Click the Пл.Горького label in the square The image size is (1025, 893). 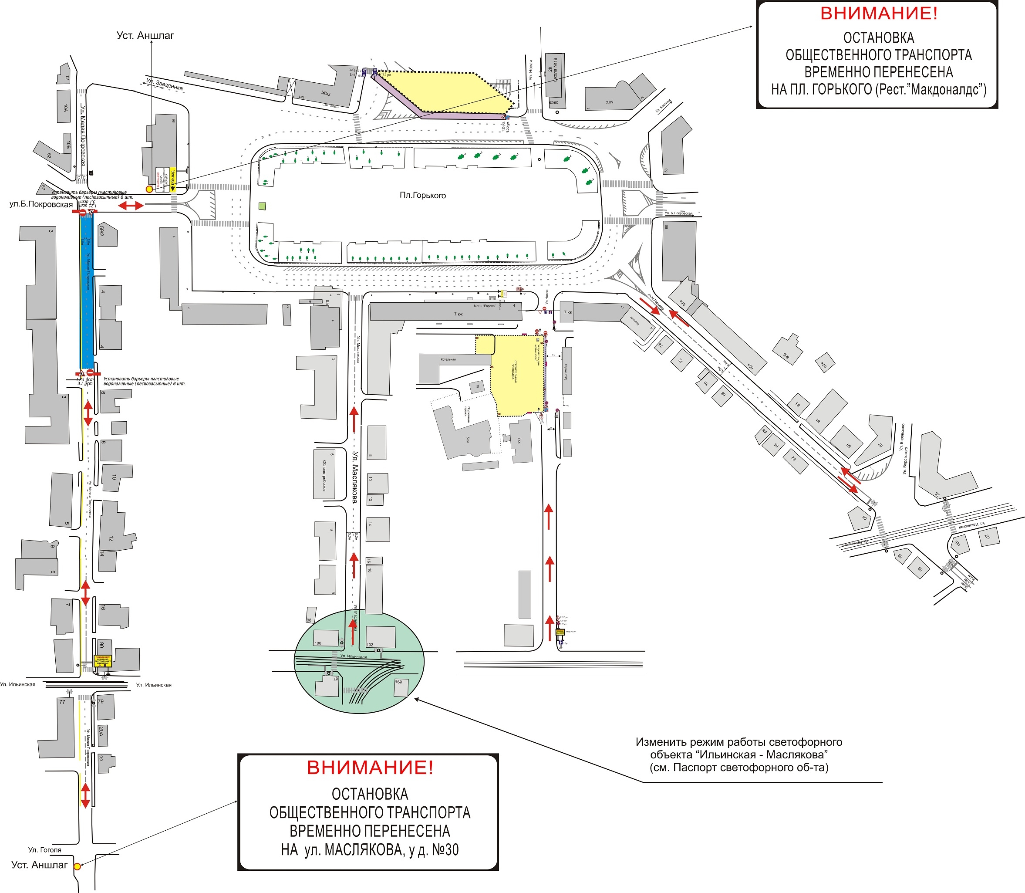pyautogui.click(x=422, y=195)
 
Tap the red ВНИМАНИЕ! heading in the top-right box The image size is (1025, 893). pyautogui.click(x=879, y=14)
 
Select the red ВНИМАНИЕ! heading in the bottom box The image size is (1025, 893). pyautogui.click(x=370, y=768)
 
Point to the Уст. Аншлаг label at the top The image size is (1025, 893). pyautogui.click(x=145, y=35)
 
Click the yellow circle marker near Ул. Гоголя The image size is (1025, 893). pyautogui.click(x=77, y=866)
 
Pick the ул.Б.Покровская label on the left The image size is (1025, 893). pyautogui.click(x=41, y=204)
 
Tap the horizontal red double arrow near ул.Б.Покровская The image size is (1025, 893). pyautogui.click(x=131, y=205)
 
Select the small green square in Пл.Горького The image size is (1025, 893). pyautogui.click(x=262, y=205)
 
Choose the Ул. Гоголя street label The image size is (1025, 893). pyautogui.click(x=45, y=849)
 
